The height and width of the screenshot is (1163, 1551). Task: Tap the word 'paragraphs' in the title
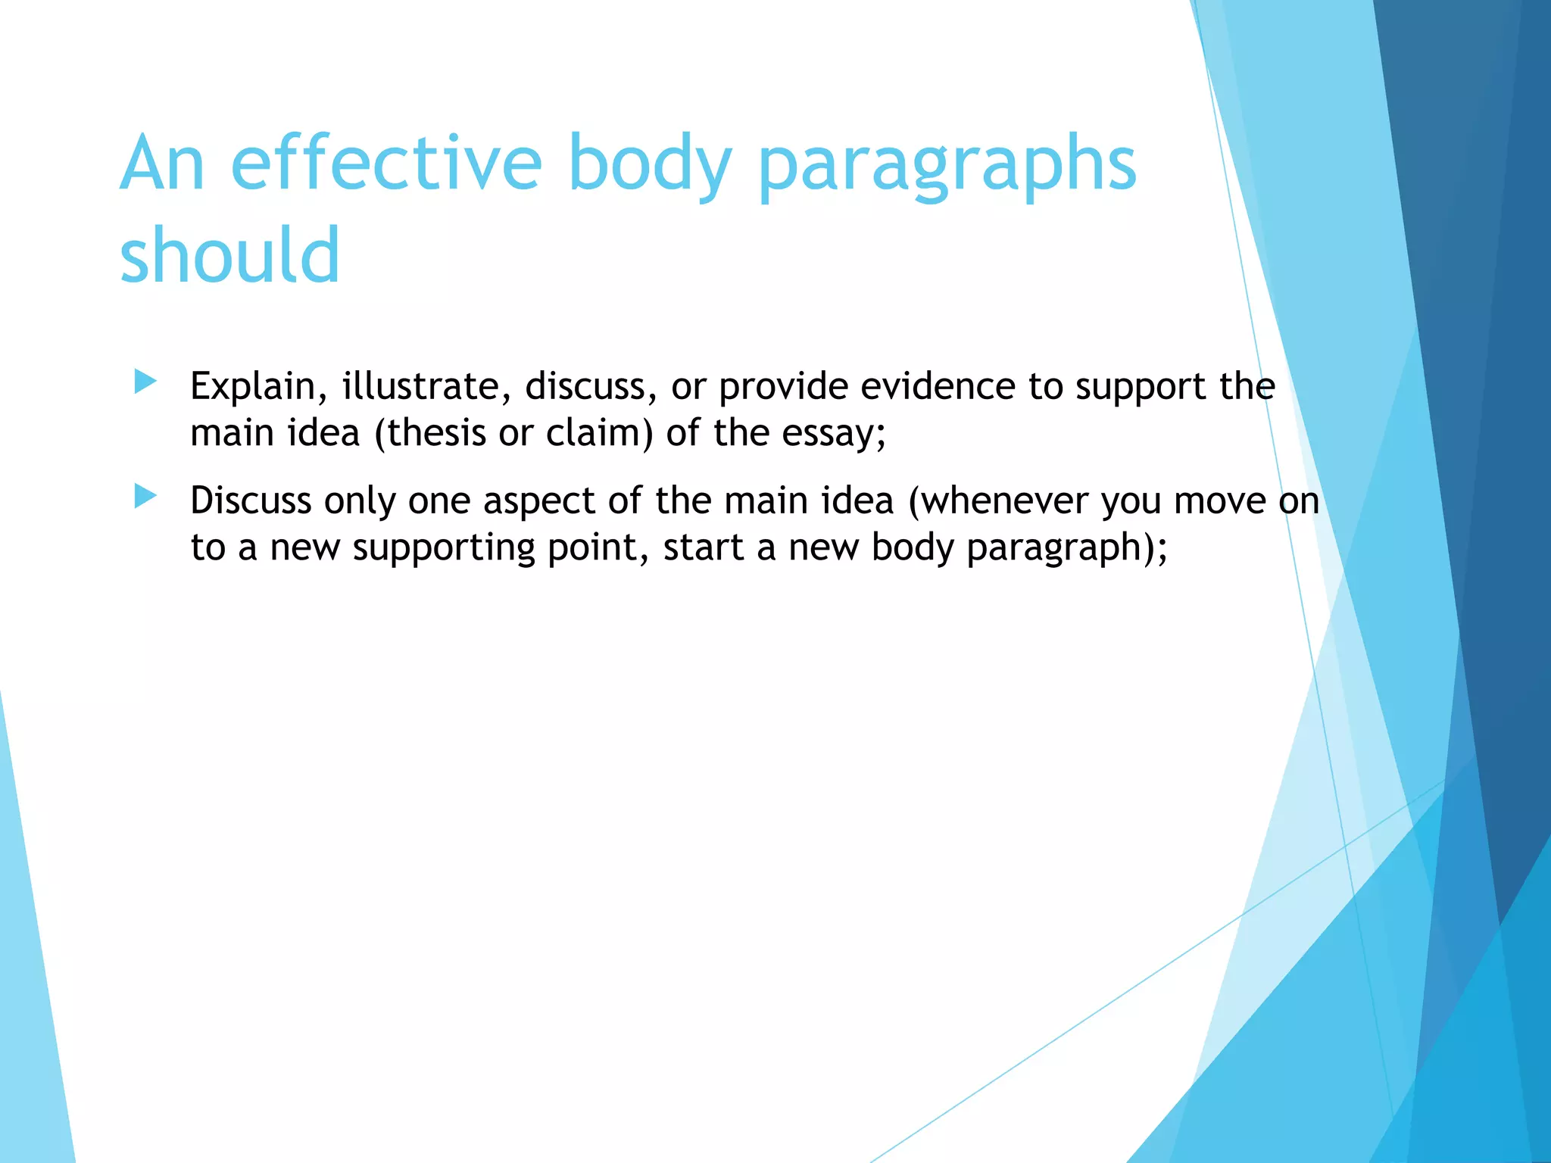click(x=947, y=165)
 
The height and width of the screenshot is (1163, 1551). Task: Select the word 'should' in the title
click(x=229, y=255)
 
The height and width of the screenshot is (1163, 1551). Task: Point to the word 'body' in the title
click(x=649, y=165)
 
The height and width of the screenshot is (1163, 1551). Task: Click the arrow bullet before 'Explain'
click(x=145, y=382)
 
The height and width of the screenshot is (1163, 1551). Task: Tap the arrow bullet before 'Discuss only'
click(x=145, y=497)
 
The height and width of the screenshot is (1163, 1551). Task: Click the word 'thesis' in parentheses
click(x=436, y=433)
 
